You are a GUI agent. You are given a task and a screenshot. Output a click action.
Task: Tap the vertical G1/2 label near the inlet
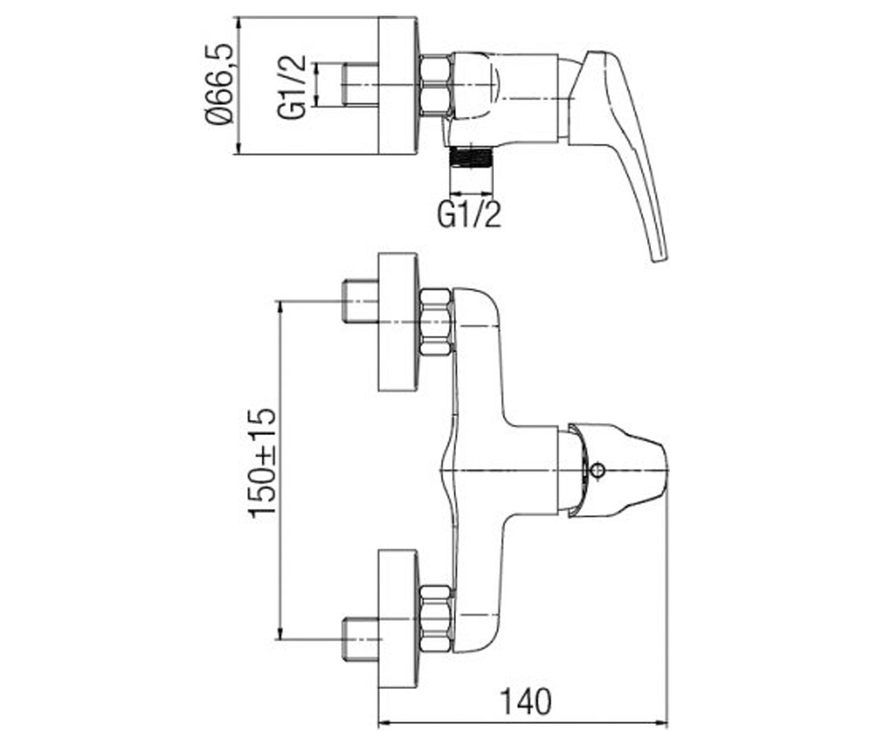(292, 87)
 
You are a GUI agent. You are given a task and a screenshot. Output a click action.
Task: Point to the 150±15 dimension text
(262, 464)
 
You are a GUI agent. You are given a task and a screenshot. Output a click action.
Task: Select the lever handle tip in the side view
(659, 254)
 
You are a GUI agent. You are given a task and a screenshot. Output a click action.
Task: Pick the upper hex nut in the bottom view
(436, 321)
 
